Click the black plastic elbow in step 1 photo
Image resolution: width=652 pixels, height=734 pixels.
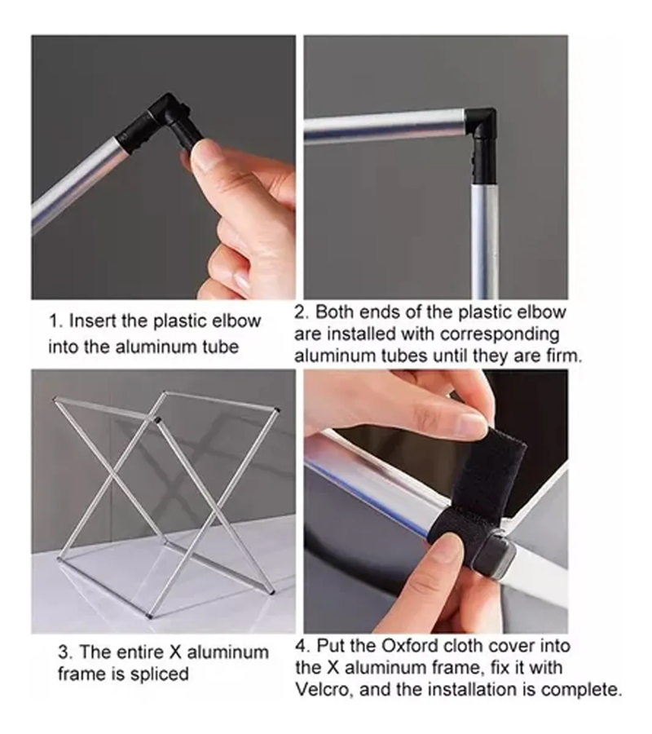coord(161,123)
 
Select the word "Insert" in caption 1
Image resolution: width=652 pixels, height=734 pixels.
coord(92,321)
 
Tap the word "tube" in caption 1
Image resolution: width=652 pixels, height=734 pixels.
coord(222,347)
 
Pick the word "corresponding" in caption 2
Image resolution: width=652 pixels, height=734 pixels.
coord(500,334)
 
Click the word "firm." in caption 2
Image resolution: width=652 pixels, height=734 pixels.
coord(565,356)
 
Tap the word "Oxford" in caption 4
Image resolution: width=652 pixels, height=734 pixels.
coord(410,646)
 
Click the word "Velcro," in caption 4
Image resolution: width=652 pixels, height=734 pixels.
coord(324,689)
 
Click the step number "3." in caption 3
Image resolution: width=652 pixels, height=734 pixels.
coord(65,652)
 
